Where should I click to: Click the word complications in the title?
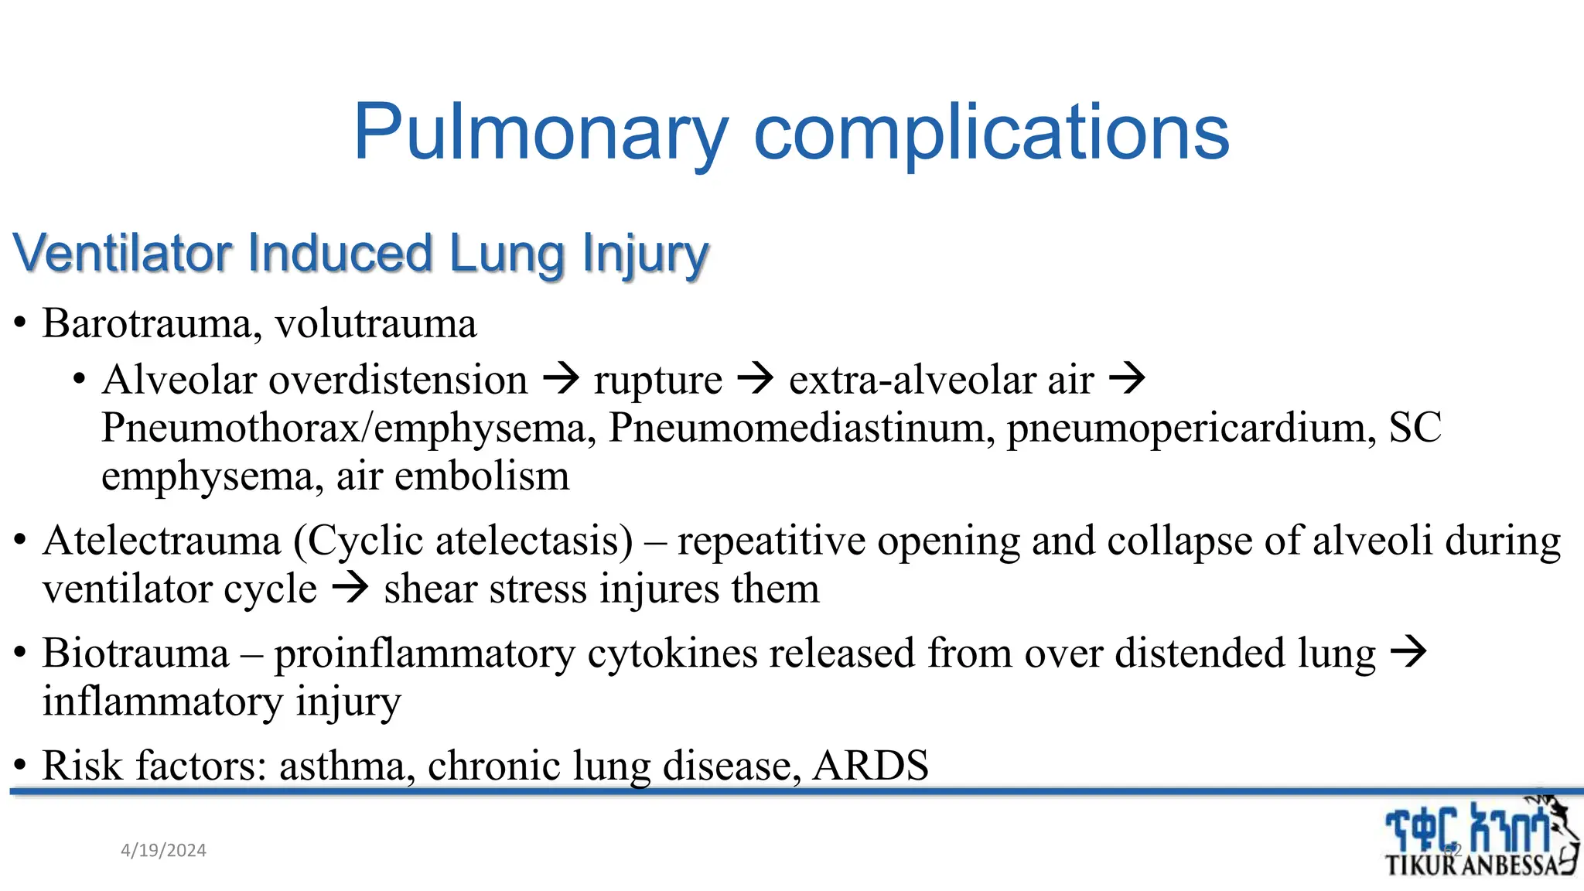coord(991,133)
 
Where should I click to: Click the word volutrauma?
coord(376,323)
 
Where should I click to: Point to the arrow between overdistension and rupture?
coord(561,379)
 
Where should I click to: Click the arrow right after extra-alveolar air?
coord(1127,379)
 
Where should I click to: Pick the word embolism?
coord(482,476)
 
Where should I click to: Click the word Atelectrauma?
coord(162,541)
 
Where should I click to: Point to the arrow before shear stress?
coord(350,589)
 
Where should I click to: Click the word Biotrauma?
coord(136,653)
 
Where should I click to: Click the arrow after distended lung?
coord(1408,652)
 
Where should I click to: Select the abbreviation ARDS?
coord(870,765)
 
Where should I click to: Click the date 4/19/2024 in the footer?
coord(164,851)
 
